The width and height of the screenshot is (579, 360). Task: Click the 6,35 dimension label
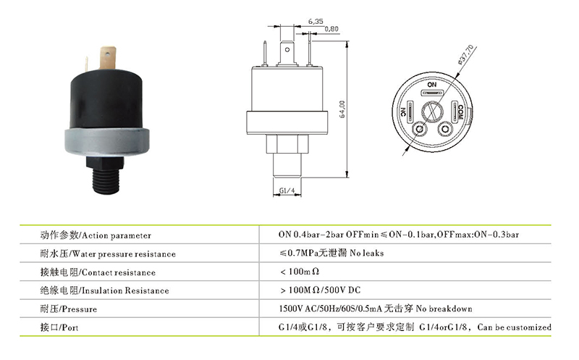pyautogui.click(x=316, y=22)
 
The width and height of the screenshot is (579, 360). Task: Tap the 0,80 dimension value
pyautogui.click(x=331, y=29)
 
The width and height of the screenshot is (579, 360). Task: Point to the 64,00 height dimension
pyautogui.click(x=342, y=109)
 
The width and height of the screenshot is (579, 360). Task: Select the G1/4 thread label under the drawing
pyautogui.click(x=287, y=191)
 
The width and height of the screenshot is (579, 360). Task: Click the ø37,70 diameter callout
pyautogui.click(x=465, y=54)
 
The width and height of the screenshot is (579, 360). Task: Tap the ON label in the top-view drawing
pyautogui.click(x=431, y=85)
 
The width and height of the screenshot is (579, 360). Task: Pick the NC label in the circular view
pyautogui.click(x=403, y=112)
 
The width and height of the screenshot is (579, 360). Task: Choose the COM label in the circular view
pyautogui.click(x=460, y=112)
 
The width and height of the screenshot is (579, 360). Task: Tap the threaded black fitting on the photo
pyautogui.click(x=106, y=176)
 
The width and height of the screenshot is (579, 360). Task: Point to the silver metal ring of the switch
pyautogui.click(x=107, y=142)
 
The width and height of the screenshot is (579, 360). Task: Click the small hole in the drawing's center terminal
pyautogui.click(x=287, y=49)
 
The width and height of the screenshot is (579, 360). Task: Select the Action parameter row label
pyautogui.click(x=96, y=235)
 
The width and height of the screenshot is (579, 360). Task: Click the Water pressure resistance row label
pyautogui.click(x=108, y=254)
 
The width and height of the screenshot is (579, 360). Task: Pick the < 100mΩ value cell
pyautogui.click(x=300, y=272)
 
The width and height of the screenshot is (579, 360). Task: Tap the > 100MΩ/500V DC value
pyautogui.click(x=321, y=290)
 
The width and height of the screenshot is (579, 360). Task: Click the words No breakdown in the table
pyautogui.click(x=444, y=309)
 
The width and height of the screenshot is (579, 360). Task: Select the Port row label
pyautogui.click(x=59, y=327)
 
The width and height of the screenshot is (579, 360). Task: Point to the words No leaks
pyautogui.click(x=367, y=253)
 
